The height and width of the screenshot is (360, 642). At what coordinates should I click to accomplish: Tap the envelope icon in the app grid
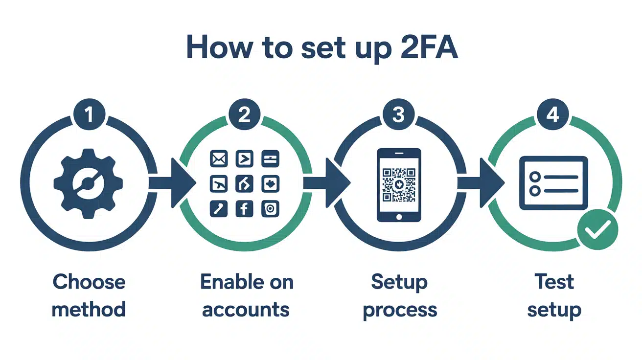(x=217, y=158)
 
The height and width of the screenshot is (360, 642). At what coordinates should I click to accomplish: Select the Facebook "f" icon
(x=244, y=209)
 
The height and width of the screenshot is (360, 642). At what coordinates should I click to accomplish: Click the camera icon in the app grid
(x=270, y=209)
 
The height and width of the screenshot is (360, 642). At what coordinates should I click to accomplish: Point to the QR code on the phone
(x=399, y=184)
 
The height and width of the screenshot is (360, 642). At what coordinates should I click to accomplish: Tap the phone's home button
(x=399, y=216)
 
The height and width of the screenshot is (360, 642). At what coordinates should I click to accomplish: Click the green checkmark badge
(x=597, y=229)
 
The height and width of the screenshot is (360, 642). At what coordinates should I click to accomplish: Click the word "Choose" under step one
(x=89, y=282)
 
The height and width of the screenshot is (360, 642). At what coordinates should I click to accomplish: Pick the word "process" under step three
(x=400, y=310)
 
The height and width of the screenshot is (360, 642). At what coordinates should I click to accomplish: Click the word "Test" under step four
(x=554, y=282)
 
